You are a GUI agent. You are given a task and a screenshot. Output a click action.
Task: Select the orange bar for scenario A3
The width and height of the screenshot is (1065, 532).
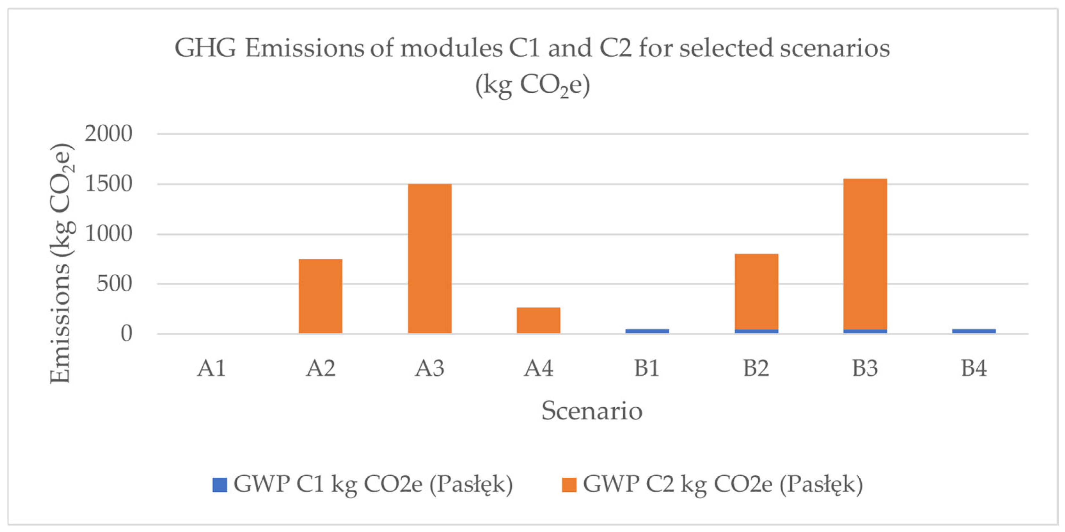[430, 258]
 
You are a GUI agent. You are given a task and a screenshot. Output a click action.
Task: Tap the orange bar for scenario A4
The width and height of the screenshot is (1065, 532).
[538, 320]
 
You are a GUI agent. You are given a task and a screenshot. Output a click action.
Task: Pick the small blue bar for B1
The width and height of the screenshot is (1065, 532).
[647, 331]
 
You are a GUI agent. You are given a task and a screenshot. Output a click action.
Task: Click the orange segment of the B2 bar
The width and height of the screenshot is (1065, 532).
[756, 292]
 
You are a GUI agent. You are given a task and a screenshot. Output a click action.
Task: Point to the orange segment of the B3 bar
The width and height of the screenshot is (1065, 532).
[865, 254]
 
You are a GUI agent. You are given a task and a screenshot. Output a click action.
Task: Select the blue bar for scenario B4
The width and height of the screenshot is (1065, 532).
[974, 331]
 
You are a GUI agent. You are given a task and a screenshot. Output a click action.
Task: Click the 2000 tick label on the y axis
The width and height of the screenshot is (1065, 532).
[108, 134]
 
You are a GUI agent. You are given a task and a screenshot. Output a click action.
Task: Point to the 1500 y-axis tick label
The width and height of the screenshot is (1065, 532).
[108, 184]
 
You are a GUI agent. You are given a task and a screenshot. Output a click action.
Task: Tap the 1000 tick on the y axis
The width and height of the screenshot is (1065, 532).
[108, 234]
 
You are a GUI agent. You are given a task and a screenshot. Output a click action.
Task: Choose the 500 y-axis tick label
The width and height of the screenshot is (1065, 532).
[114, 284]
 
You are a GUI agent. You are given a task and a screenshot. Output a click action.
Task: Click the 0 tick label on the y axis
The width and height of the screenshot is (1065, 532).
[126, 333]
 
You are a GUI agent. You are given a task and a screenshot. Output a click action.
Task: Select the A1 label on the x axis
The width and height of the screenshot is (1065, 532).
[211, 368]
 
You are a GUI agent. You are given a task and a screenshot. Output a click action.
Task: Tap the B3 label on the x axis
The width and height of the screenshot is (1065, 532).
[865, 368]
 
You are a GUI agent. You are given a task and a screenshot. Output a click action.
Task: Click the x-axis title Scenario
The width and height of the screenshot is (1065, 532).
[592, 411]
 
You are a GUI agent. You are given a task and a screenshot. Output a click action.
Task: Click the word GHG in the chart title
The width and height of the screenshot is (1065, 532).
[205, 48]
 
